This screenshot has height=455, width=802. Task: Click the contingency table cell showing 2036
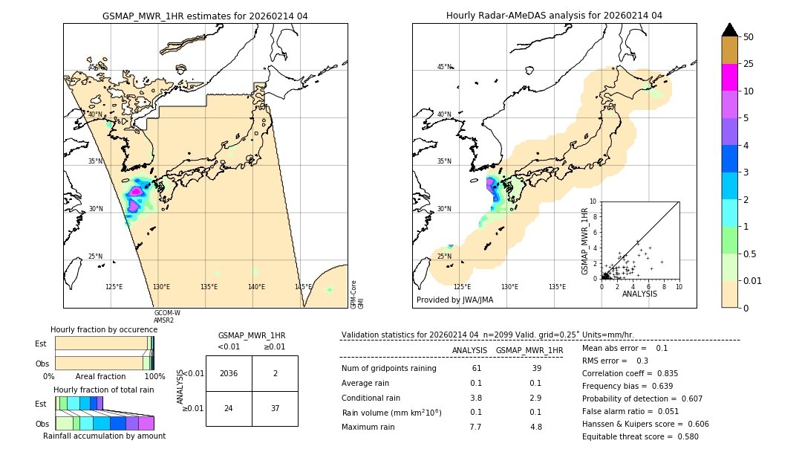(x=229, y=374)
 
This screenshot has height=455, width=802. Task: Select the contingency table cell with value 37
(x=275, y=409)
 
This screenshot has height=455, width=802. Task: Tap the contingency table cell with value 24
(x=229, y=409)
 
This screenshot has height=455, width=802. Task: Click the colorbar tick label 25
(x=749, y=64)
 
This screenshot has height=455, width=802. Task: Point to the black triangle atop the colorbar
(x=730, y=30)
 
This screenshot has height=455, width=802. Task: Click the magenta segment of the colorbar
(x=730, y=77)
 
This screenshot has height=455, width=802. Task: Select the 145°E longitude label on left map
(x=303, y=287)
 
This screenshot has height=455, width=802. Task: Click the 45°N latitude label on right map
(x=444, y=67)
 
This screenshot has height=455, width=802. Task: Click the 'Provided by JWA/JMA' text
(x=454, y=300)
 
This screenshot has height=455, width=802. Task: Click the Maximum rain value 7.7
(x=475, y=427)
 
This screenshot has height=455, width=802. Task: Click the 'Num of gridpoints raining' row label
(x=389, y=369)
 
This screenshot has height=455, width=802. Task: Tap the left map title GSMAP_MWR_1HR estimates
(x=205, y=16)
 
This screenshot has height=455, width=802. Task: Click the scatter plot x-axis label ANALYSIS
(x=640, y=294)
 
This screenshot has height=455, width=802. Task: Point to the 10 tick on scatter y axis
(x=593, y=201)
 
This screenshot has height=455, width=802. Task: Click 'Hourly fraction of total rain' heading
(x=104, y=390)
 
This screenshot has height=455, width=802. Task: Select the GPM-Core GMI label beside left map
(x=357, y=294)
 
